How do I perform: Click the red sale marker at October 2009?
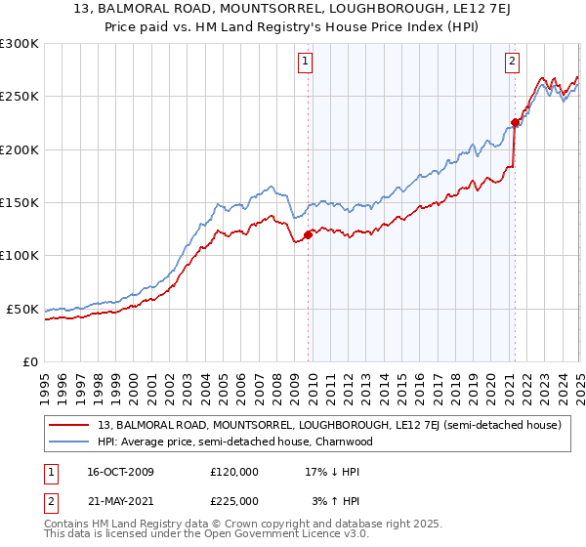click(309, 234)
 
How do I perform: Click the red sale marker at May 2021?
click(515, 122)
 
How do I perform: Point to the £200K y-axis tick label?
click(19, 149)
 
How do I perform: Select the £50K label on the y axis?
click(22, 309)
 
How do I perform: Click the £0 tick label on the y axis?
click(29, 361)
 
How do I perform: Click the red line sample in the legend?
click(68, 426)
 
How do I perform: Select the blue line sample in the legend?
click(68, 442)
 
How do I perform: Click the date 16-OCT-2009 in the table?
click(112, 472)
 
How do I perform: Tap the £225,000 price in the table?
click(234, 500)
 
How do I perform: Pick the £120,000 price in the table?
click(234, 472)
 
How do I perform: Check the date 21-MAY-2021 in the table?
click(112, 500)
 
